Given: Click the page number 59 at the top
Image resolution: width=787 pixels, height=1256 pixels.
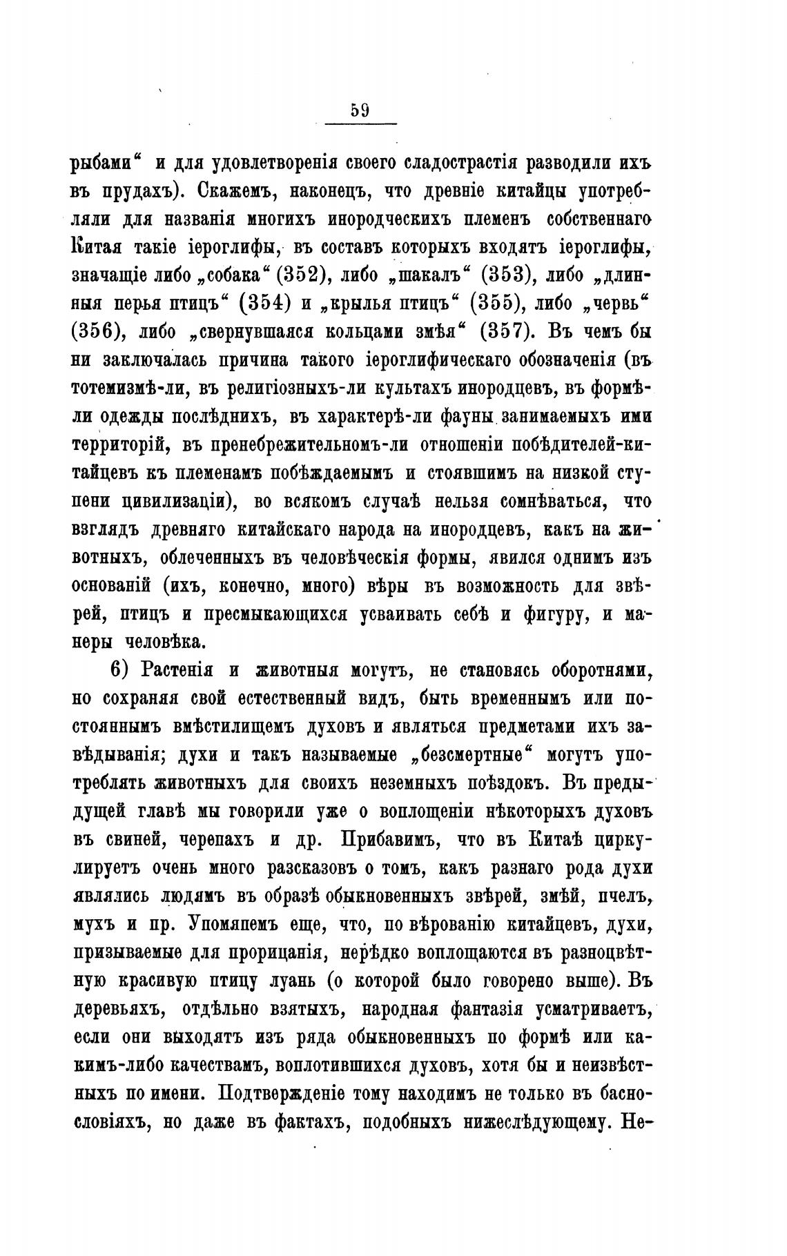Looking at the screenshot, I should (x=360, y=110).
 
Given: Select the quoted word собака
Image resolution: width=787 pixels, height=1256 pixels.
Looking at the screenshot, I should (x=229, y=274).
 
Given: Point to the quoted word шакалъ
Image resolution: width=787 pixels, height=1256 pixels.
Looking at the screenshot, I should (x=429, y=274).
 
